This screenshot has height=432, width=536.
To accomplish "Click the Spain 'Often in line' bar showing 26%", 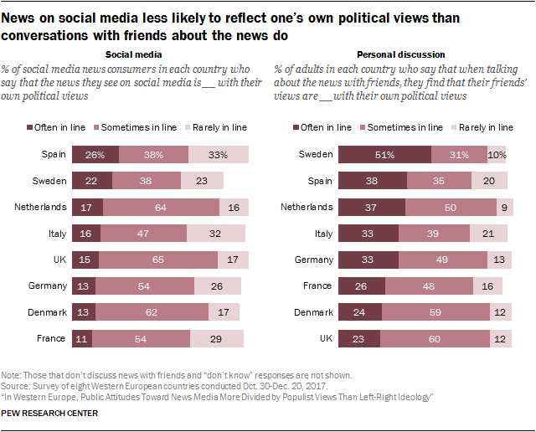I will pos(95,154).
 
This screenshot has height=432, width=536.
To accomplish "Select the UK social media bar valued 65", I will pos(158,259).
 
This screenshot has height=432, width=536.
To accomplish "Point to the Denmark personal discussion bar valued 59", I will pos(435,311).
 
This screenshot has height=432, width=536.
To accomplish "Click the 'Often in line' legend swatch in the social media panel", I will pos(32,127).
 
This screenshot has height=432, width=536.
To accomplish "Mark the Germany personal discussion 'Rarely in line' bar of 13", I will pos(500,259).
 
